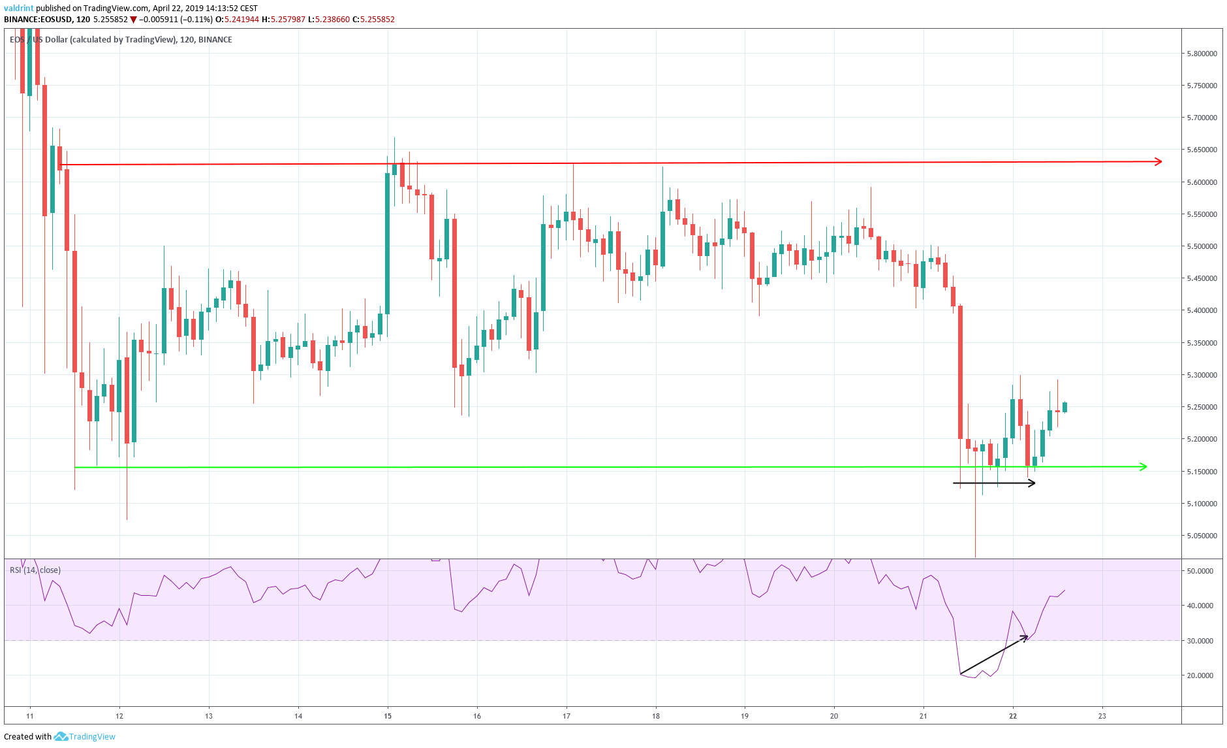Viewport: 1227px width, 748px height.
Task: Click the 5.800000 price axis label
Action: pos(1201,54)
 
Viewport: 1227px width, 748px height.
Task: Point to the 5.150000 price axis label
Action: pos(1201,472)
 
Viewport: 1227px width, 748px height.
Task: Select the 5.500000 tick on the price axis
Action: pos(1201,246)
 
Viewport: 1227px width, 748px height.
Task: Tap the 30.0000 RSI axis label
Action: pos(1200,641)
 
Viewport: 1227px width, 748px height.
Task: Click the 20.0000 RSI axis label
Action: pos(1200,675)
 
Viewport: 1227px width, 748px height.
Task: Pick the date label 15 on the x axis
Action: pos(388,716)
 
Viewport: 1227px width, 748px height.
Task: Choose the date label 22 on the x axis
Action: pos(1013,716)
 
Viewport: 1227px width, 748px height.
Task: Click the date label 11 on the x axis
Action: pos(30,716)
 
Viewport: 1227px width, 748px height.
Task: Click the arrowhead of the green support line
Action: pos(1143,466)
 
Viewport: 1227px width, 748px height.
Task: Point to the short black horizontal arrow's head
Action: pos(1032,483)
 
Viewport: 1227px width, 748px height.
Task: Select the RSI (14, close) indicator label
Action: pos(35,570)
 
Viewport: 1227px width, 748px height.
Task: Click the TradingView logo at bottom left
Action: pos(85,736)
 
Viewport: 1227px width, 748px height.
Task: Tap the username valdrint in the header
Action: pos(18,8)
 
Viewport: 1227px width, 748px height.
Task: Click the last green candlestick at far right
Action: pos(1065,408)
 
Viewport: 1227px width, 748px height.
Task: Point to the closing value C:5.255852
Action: pos(373,20)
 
